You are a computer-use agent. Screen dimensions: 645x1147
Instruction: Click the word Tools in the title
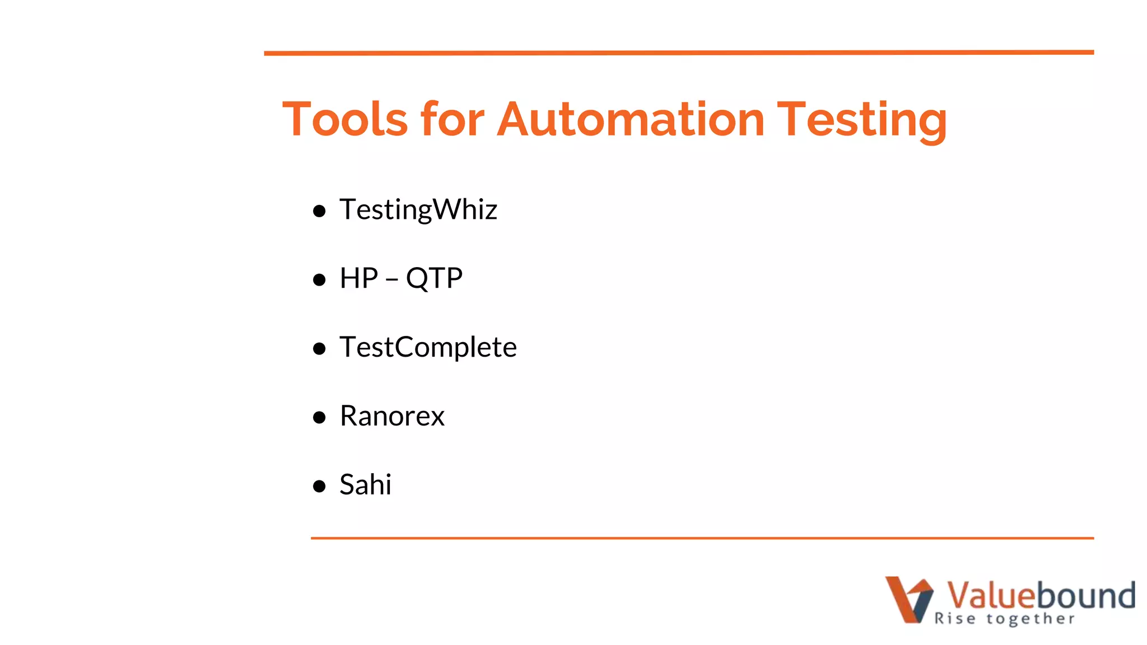345,119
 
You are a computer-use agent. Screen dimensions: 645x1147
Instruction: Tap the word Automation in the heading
631,119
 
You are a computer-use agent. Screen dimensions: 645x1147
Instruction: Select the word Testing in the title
862,119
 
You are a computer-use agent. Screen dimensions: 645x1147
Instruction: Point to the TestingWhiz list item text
418,210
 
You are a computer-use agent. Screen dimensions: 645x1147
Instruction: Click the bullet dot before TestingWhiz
319,211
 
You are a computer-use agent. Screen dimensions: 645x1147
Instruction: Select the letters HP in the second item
359,278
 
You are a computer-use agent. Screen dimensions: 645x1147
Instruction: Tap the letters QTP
434,278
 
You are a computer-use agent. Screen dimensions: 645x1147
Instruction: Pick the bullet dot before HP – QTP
319,279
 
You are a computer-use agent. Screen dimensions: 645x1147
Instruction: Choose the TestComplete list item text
428,347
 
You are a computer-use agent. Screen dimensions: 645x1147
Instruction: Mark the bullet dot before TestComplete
319,349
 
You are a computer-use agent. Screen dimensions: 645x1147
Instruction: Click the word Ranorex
392,416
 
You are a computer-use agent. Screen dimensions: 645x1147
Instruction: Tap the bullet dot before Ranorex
319,417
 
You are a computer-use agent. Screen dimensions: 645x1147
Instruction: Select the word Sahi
365,485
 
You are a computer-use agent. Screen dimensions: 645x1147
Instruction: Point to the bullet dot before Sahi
319,486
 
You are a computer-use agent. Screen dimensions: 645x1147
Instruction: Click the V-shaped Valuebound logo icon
908,599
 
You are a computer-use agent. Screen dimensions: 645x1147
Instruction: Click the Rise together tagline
1004,619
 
